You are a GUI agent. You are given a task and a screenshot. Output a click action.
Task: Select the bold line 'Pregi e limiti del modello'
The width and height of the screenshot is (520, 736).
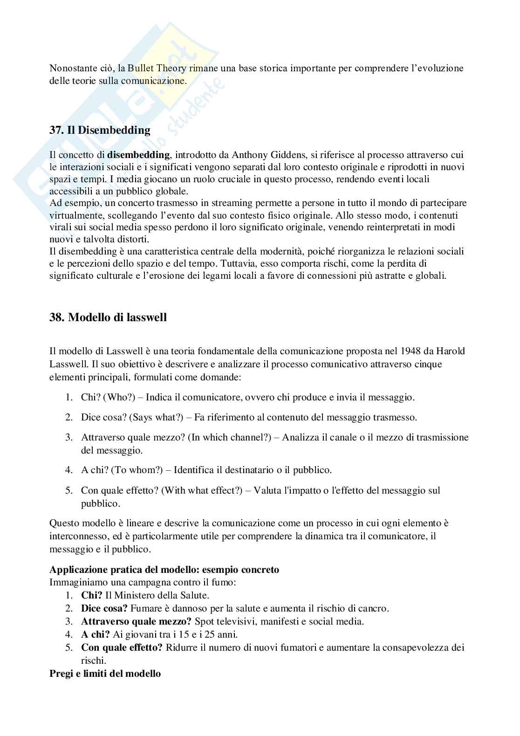coord(105,674)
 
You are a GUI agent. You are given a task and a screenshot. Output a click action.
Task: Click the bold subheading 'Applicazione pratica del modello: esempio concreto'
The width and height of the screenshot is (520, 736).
coord(164,570)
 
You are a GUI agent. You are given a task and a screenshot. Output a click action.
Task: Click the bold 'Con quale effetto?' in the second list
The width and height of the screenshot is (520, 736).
coord(122,647)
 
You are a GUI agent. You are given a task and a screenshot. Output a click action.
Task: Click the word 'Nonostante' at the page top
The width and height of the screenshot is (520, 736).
coord(71,68)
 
